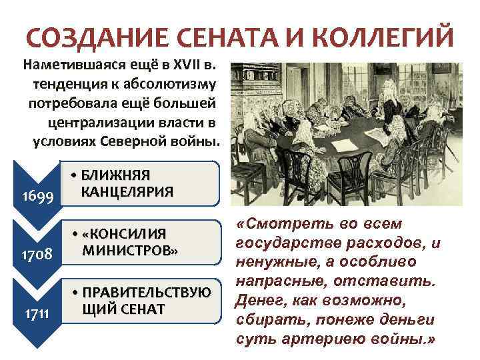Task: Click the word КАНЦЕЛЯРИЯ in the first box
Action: pos(126,191)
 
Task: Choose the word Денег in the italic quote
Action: pos(257,300)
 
